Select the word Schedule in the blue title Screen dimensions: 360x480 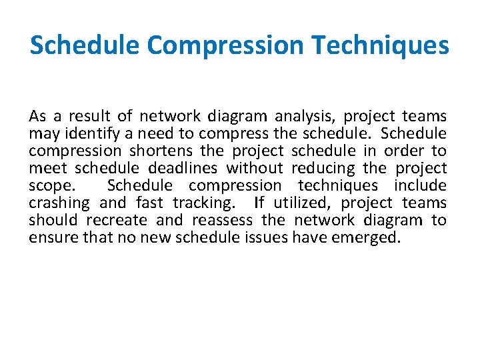point(85,46)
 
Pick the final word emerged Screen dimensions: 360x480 point(367,238)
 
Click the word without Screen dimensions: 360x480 point(254,169)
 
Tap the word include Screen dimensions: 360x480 point(420,186)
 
